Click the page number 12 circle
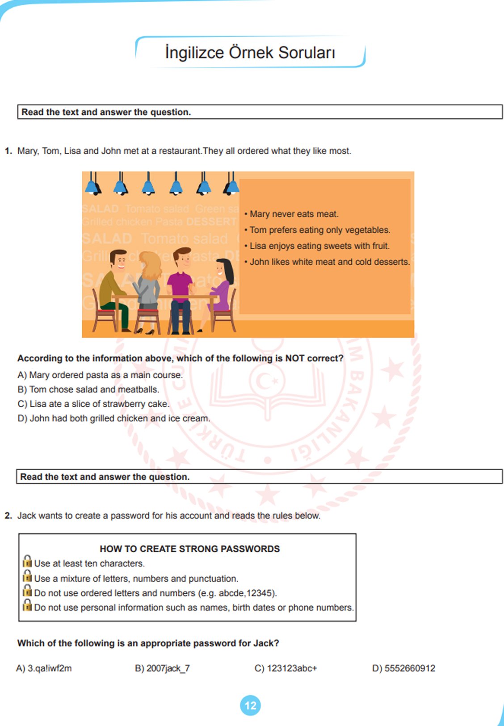(x=250, y=705)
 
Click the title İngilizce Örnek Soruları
(x=250, y=53)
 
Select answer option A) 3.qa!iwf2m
(x=44, y=668)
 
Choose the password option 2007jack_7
(x=163, y=668)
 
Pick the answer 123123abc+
(x=286, y=668)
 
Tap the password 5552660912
(x=404, y=668)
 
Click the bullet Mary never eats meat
(x=294, y=214)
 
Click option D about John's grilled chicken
(x=113, y=418)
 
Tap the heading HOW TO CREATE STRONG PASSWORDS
(x=190, y=549)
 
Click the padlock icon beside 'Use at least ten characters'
(x=27, y=561)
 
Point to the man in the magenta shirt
(x=181, y=286)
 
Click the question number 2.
(x=8, y=516)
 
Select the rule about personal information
(x=193, y=608)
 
